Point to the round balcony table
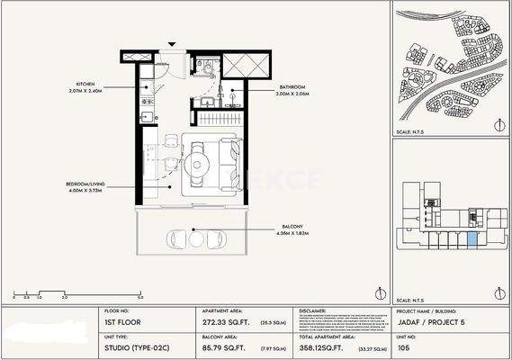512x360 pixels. pyautogui.click(x=196, y=238)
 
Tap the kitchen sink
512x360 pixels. pyautogui.click(x=146, y=115)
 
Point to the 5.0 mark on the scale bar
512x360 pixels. pyautogui.click(x=140, y=296)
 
